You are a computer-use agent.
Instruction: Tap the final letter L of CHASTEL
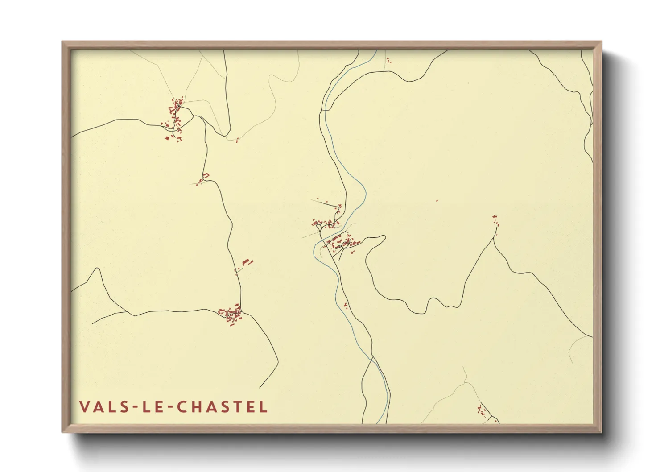[264, 406]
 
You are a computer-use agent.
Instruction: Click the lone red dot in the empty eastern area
[437, 201]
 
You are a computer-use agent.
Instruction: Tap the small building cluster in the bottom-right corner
[482, 410]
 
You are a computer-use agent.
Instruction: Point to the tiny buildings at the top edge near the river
[388, 60]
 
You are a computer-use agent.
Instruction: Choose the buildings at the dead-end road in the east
[495, 220]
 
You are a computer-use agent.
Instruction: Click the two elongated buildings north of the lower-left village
[247, 262]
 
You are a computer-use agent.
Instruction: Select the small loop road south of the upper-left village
[206, 176]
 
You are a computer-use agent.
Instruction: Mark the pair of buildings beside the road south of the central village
[346, 305]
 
